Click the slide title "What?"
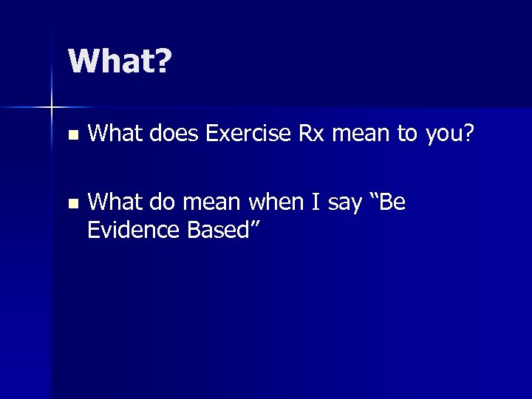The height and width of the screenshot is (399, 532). tap(119, 62)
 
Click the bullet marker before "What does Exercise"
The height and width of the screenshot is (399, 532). tap(71, 137)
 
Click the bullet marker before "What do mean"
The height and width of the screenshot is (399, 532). tap(71, 203)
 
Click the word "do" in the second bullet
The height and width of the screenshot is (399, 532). tap(161, 202)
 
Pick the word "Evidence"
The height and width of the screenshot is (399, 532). tap(134, 231)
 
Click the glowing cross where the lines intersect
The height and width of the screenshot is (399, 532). tap(52, 108)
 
